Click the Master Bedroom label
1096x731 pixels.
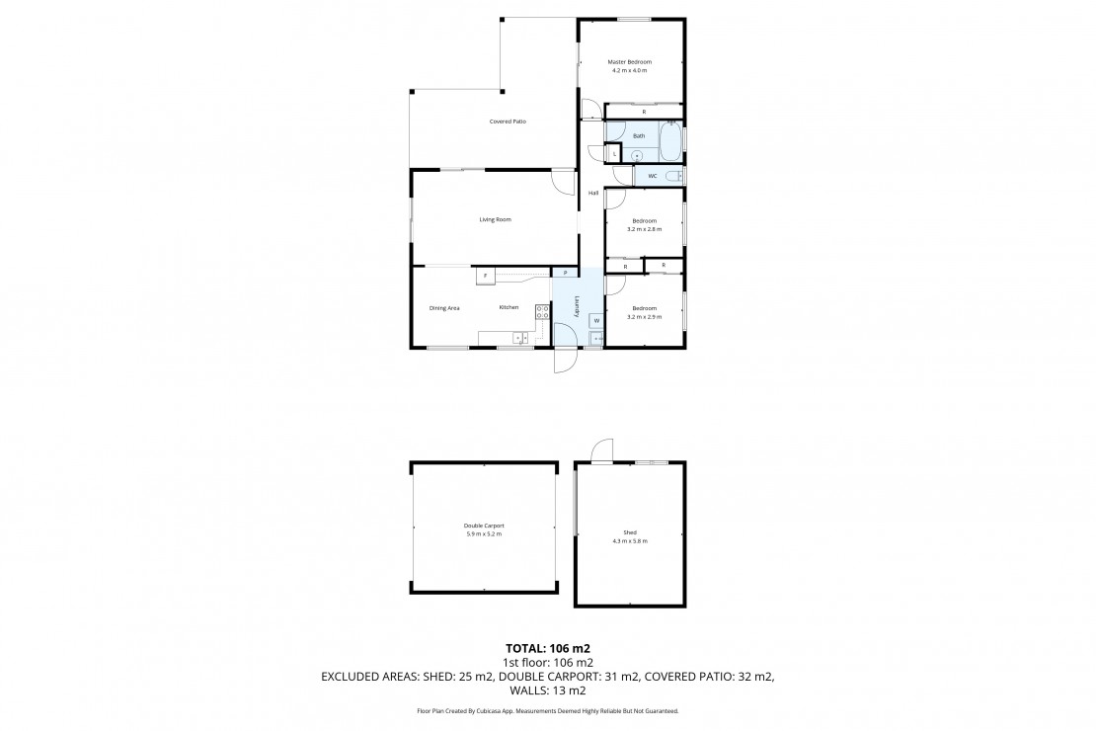coord(629,61)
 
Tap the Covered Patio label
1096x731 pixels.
coord(508,122)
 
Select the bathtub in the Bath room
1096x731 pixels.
coord(670,141)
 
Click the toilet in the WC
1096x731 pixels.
coord(673,176)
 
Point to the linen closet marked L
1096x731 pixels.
coord(614,154)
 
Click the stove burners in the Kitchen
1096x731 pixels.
coord(542,312)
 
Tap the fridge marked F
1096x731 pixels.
coord(486,276)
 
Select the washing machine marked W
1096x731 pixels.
coord(596,320)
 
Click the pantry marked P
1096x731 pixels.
coord(565,272)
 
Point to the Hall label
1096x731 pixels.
coord(592,193)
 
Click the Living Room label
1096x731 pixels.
coord(495,219)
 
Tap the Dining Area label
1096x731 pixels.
coord(444,308)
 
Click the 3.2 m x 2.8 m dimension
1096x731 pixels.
coord(644,229)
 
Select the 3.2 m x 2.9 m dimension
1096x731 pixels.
coord(644,317)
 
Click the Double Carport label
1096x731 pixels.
coord(484,527)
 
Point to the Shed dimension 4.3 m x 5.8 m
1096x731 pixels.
coord(630,540)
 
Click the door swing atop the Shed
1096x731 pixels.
coord(602,450)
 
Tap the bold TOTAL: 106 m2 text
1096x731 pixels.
coord(548,648)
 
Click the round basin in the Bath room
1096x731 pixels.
coord(637,155)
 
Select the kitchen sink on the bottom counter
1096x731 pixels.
coord(520,339)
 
